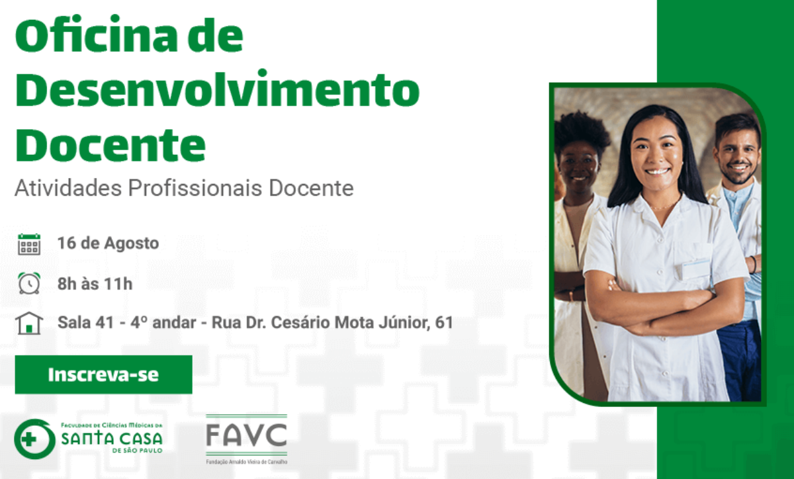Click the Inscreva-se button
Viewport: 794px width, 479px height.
click(103, 374)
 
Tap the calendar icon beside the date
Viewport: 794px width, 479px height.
click(29, 244)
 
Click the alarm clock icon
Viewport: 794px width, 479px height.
click(29, 283)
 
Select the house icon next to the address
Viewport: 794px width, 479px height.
click(29, 324)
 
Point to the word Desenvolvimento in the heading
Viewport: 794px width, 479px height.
click(217, 89)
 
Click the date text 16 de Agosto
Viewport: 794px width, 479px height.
click(108, 243)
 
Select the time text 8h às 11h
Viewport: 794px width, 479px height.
click(95, 284)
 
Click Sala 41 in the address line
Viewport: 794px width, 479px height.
click(86, 322)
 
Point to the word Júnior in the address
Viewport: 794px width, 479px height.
click(404, 323)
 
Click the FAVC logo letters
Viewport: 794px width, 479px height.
click(247, 435)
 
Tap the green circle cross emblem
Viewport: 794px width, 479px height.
click(34, 439)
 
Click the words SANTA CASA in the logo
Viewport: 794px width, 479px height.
click(112, 439)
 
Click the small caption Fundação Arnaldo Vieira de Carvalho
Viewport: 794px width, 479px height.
click(247, 462)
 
